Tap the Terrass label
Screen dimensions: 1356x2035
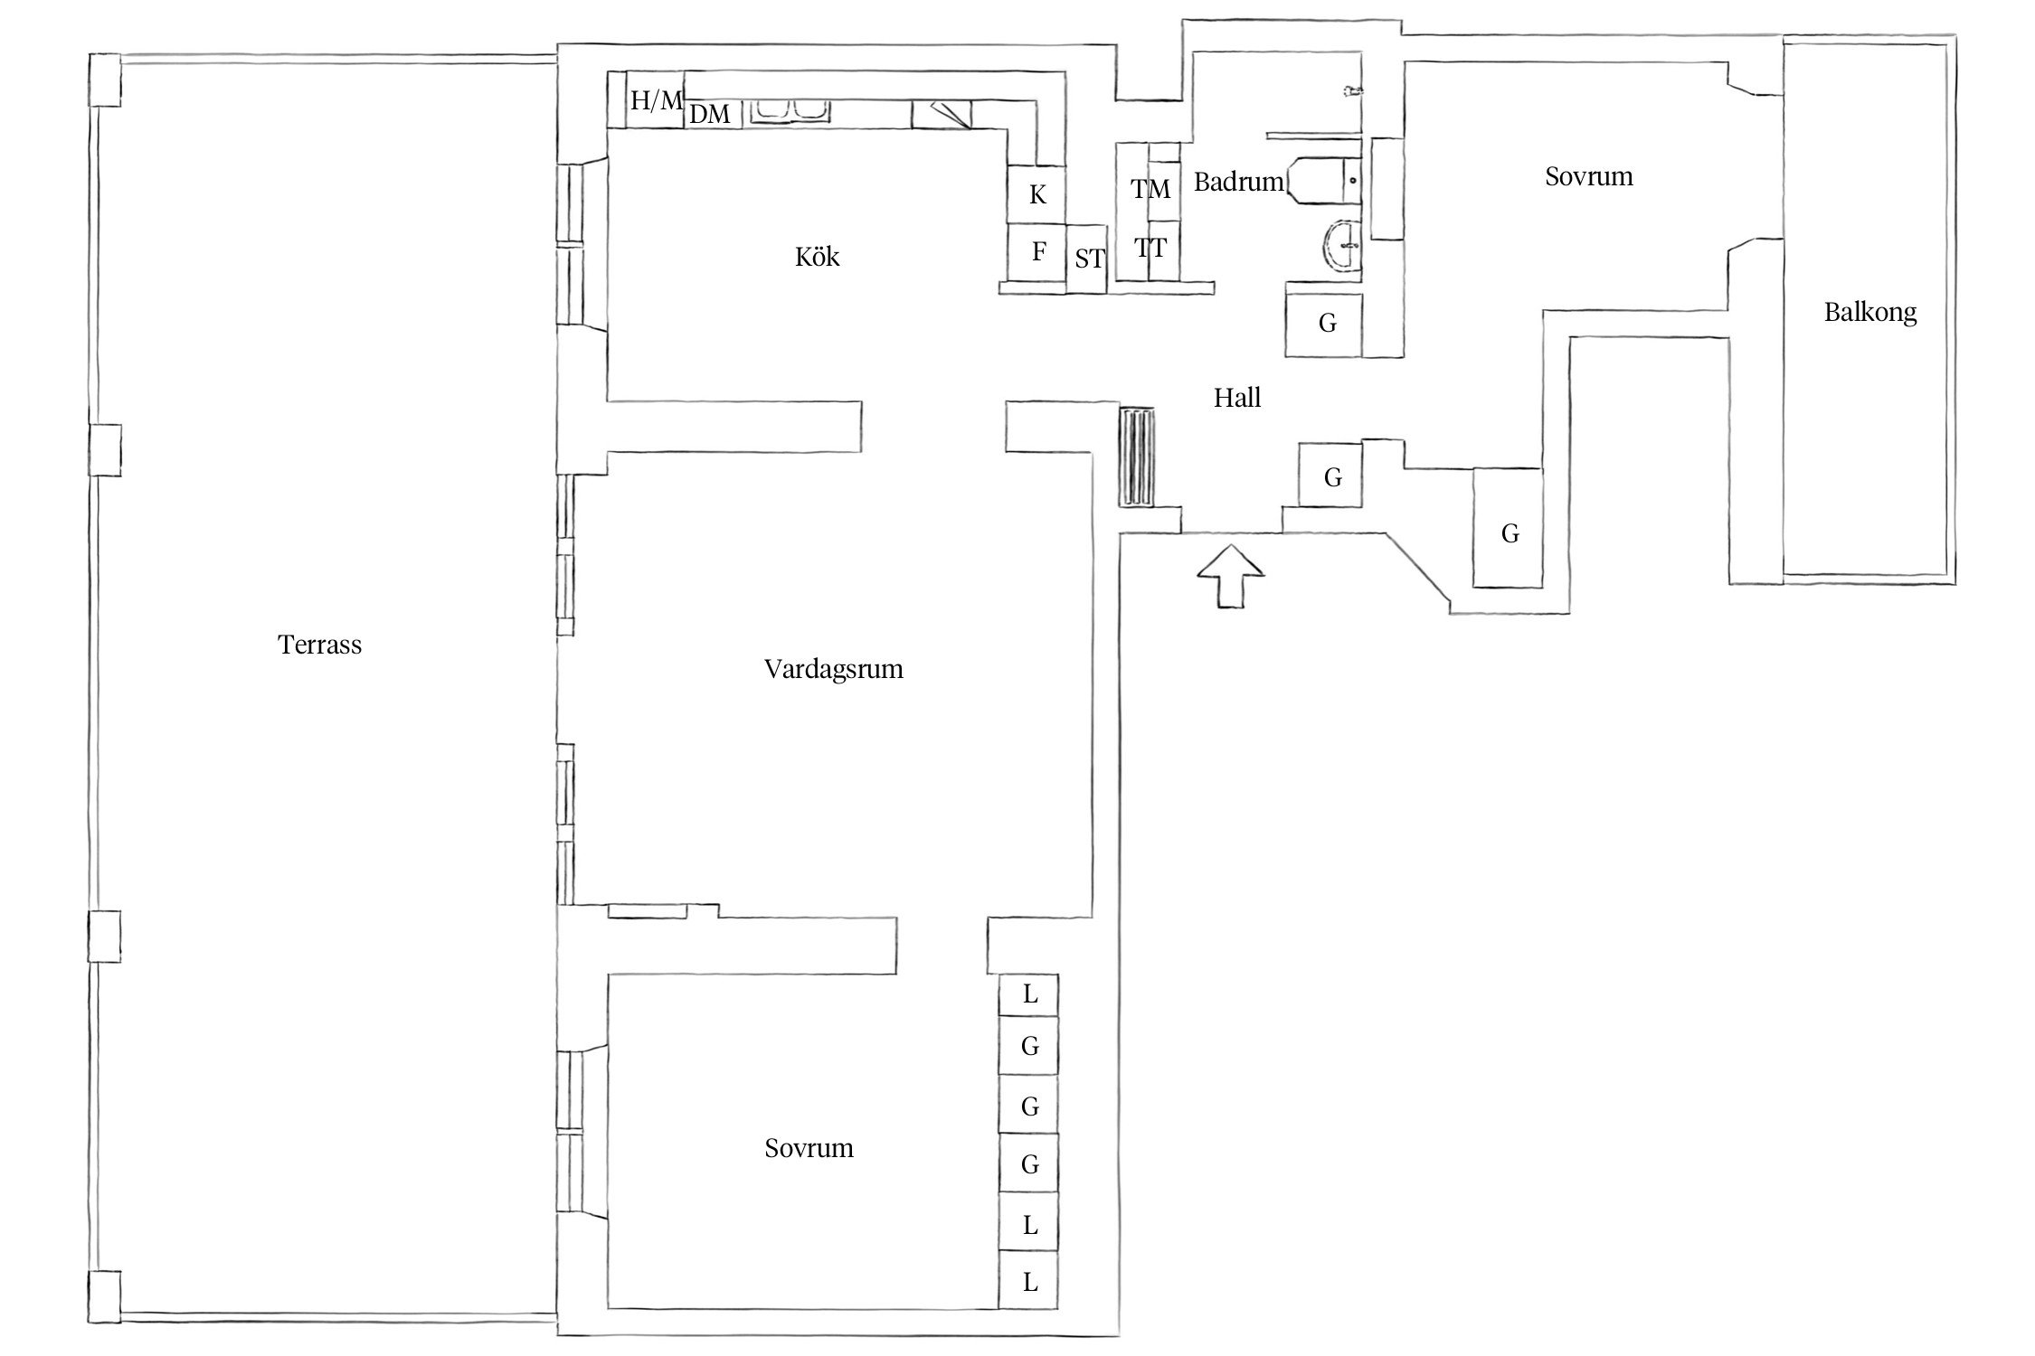tap(319, 645)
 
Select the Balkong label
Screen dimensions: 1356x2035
tap(1869, 313)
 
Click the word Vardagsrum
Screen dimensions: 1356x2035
tap(833, 669)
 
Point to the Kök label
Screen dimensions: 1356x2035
tap(817, 258)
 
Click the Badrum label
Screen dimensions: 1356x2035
tap(1238, 182)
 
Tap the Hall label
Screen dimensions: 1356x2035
tap(1236, 398)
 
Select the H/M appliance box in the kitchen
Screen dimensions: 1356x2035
tap(656, 99)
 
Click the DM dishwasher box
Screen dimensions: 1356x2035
tap(711, 114)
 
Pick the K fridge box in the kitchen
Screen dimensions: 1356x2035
tap(1037, 194)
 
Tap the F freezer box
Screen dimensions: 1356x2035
tap(1038, 251)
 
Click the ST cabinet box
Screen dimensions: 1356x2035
tap(1088, 259)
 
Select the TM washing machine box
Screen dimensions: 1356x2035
tap(1150, 189)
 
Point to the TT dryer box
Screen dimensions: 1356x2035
tap(1150, 248)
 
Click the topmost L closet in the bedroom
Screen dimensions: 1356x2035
tap(1029, 994)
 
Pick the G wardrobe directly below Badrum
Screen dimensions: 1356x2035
tap(1327, 323)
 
